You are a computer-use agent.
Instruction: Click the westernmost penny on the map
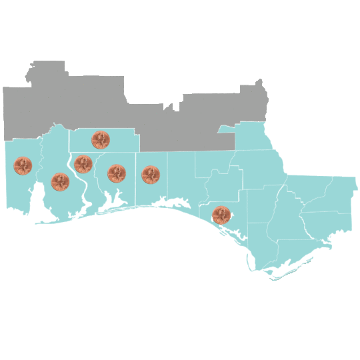[23, 166]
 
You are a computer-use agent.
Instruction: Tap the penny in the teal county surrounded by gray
[101, 140]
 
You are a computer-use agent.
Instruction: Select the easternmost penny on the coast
[221, 215]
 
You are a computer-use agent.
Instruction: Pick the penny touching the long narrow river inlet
[83, 163]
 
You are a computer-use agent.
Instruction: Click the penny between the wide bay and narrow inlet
[60, 181]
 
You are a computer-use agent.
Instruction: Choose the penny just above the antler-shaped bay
[117, 173]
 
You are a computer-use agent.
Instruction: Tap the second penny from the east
[151, 175]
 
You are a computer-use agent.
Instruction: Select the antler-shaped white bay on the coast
[115, 199]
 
